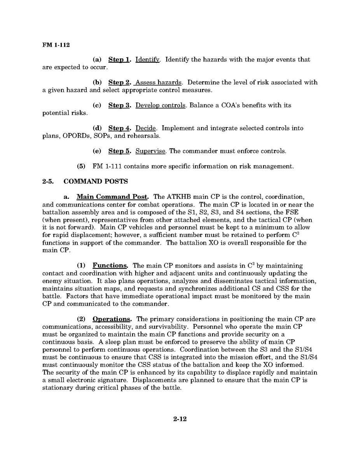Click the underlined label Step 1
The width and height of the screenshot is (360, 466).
click(x=119, y=60)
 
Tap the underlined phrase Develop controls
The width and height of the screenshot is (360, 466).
click(x=161, y=105)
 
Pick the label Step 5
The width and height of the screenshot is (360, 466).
click(x=119, y=151)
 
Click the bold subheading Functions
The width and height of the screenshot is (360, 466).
click(x=110, y=266)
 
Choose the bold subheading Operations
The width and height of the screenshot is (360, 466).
click(x=113, y=319)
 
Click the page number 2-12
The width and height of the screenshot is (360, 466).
click(x=180, y=419)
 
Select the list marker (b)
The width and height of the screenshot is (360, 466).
click(x=97, y=82)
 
